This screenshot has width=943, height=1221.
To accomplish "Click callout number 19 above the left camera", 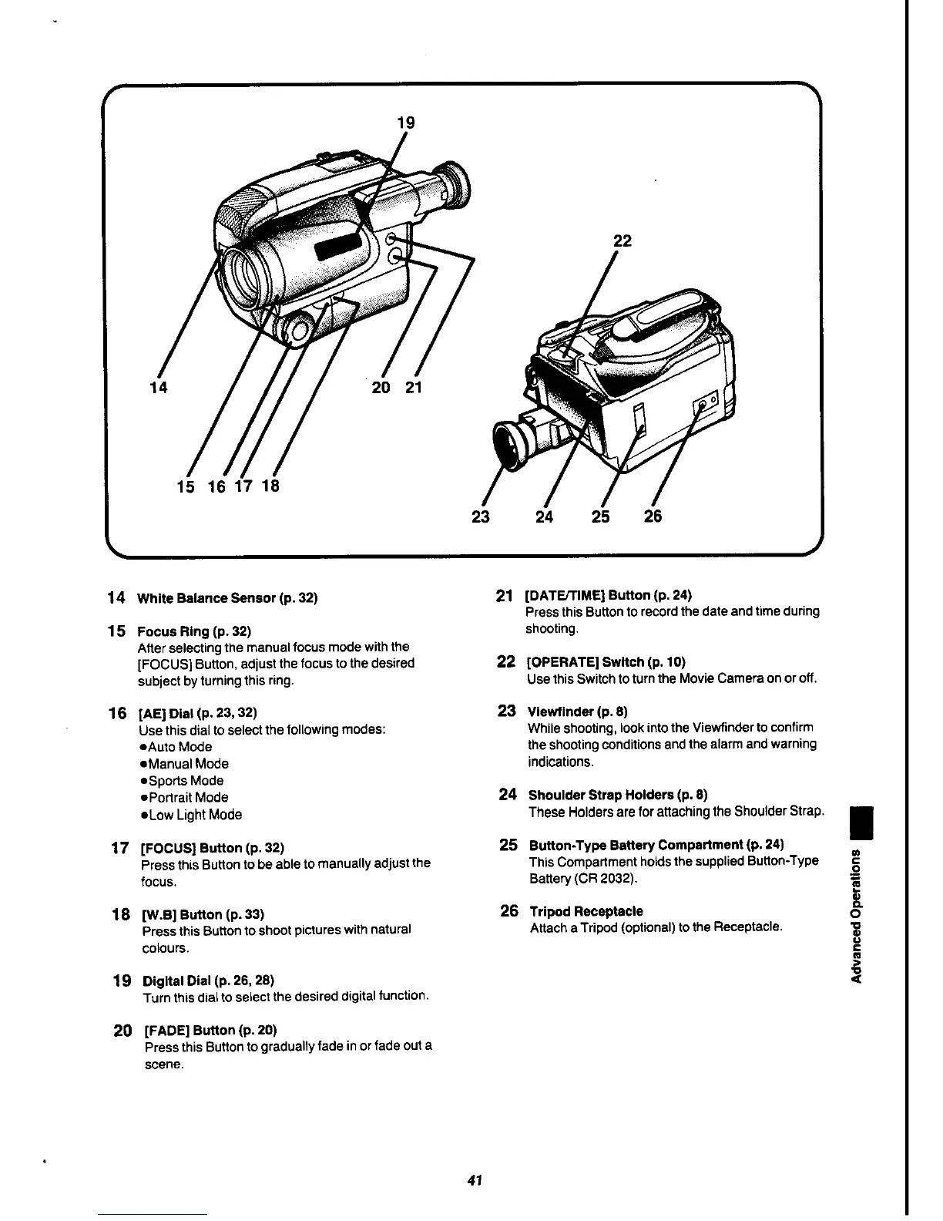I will point(405,122).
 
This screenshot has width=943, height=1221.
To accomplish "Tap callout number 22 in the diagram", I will point(622,240).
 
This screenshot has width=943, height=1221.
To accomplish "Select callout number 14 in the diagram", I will point(159,388).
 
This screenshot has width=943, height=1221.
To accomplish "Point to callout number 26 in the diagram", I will point(653,516).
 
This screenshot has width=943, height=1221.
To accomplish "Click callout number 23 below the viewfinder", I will point(481,516).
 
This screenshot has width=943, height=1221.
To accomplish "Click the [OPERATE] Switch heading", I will point(606,661).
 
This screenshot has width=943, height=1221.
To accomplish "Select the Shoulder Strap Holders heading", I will point(618,795).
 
